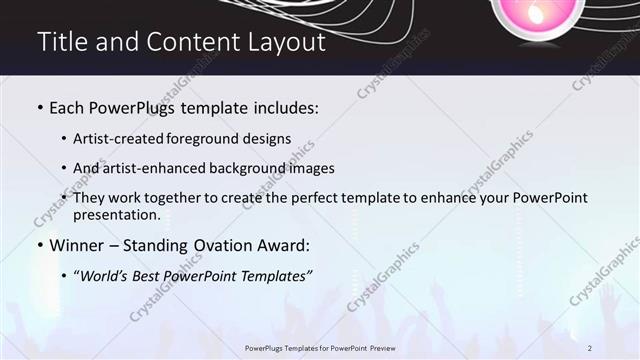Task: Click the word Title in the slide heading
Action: (x=59, y=42)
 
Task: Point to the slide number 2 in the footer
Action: (x=590, y=347)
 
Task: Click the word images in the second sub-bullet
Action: (x=311, y=168)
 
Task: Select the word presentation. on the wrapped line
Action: (x=117, y=214)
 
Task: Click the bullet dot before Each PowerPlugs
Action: (x=40, y=106)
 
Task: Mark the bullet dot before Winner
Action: (x=40, y=245)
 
